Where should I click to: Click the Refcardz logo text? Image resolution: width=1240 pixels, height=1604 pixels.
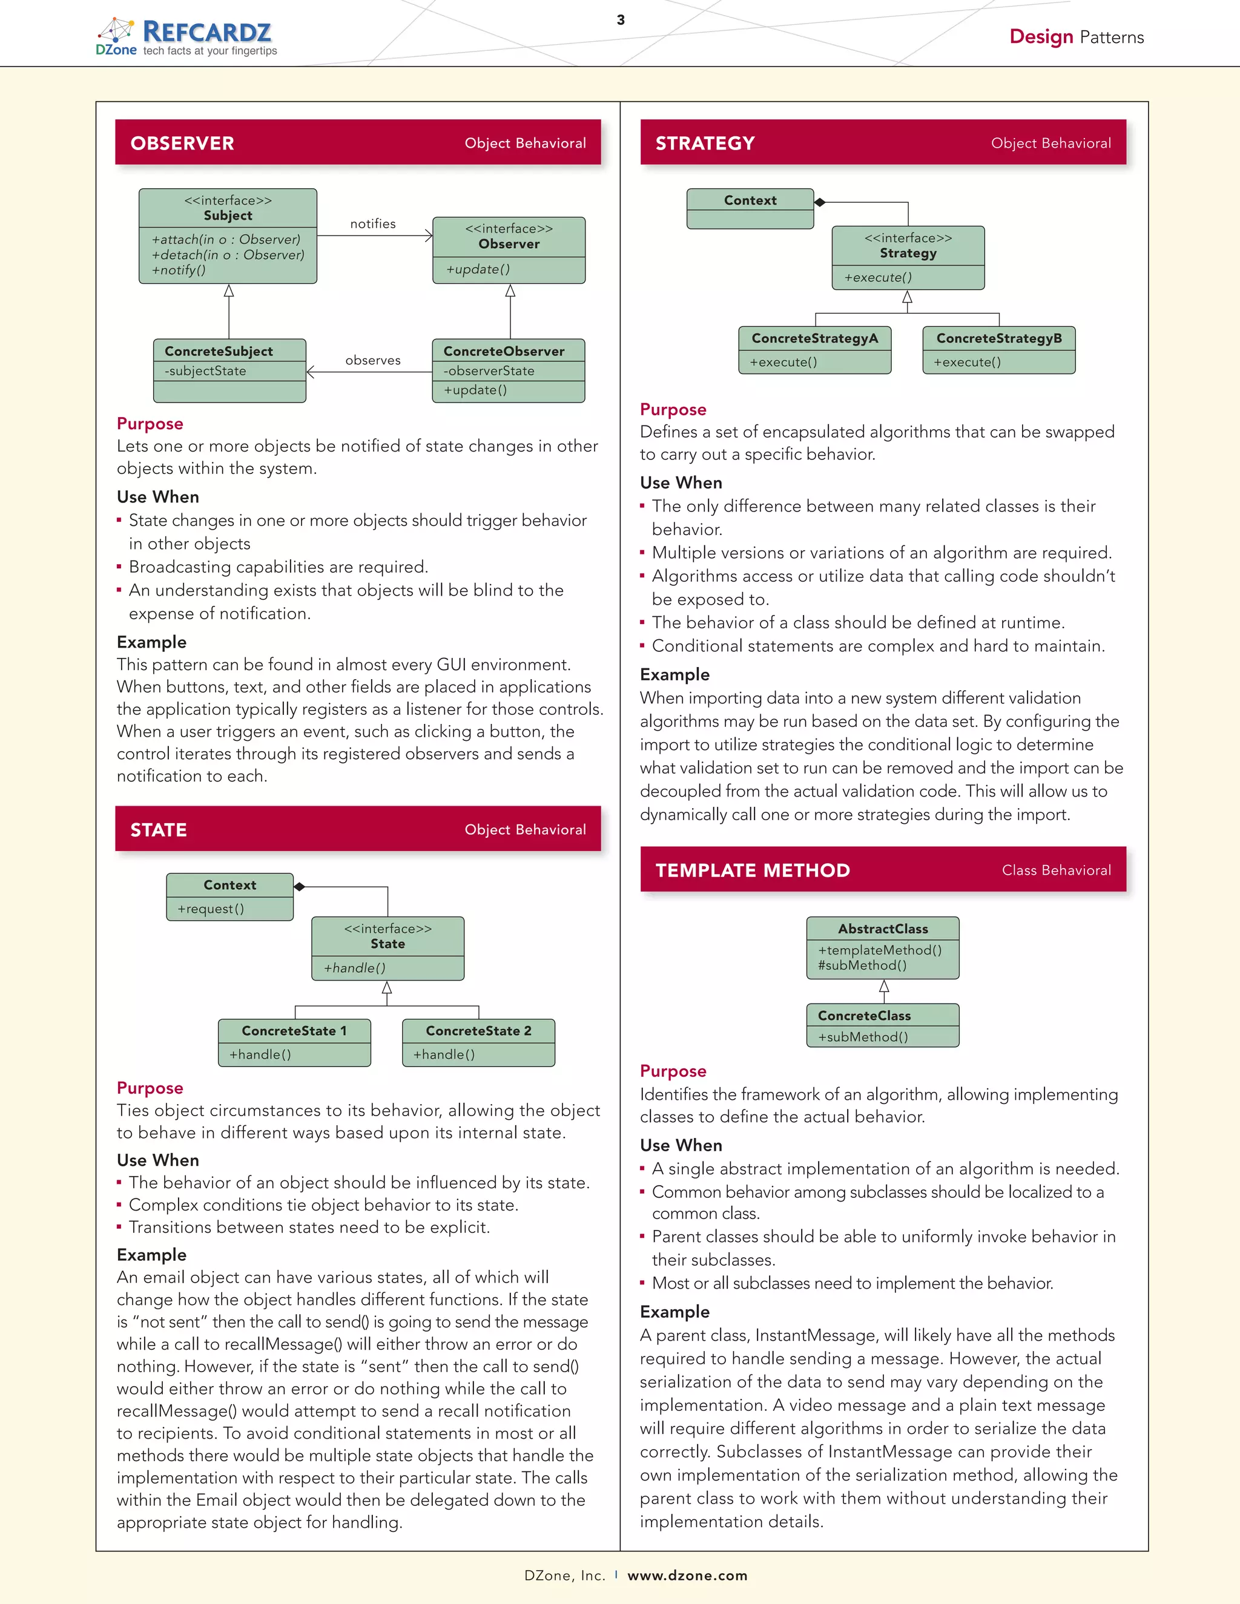(x=206, y=31)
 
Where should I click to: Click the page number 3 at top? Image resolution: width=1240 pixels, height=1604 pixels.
(x=621, y=20)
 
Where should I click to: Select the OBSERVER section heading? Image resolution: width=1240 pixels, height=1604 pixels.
(x=182, y=143)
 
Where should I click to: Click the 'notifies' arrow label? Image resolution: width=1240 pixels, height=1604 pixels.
(x=372, y=224)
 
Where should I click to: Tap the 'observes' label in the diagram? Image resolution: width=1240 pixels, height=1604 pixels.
(x=372, y=361)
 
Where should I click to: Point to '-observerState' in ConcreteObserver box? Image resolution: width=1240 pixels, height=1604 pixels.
(x=489, y=371)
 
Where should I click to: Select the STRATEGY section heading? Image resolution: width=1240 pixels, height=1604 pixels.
(x=705, y=143)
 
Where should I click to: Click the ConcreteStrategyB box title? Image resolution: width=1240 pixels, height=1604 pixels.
(x=998, y=338)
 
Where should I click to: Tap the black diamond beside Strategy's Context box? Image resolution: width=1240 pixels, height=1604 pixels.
(x=820, y=202)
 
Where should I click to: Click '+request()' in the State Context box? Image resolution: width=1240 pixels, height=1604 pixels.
(x=210, y=909)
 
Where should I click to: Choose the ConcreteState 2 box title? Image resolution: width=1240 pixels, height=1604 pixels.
(x=478, y=1030)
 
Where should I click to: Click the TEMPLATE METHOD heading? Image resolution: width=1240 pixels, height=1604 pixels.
(x=752, y=870)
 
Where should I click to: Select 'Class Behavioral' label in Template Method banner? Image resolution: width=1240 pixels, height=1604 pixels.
(x=1055, y=870)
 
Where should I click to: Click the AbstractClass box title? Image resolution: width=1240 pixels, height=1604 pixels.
(x=882, y=929)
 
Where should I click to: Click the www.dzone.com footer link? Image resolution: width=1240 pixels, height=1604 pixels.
(x=687, y=1576)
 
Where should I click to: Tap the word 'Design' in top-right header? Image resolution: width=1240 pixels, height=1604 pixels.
(x=1041, y=37)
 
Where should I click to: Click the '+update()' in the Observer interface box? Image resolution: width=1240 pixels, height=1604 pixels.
(x=478, y=269)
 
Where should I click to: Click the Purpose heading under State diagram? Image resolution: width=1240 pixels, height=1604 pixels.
(x=150, y=1088)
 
